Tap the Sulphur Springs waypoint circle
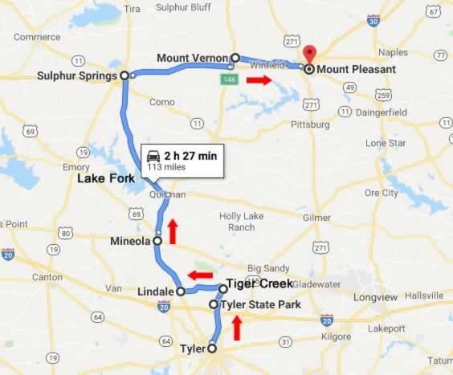click(124, 75)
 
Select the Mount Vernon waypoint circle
click(235, 58)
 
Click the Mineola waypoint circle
click(157, 240)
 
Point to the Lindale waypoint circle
click(182, 291)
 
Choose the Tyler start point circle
click(212, 349)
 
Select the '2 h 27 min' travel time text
click(190, 155)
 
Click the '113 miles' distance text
click(165, 167)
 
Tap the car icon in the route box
click(153, 155)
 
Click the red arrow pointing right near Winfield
click(259, 80)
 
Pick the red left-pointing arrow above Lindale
click(200, 275)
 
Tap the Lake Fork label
click(105, 179)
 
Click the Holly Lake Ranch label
click(241, 221)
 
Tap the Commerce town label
click(37, 37)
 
